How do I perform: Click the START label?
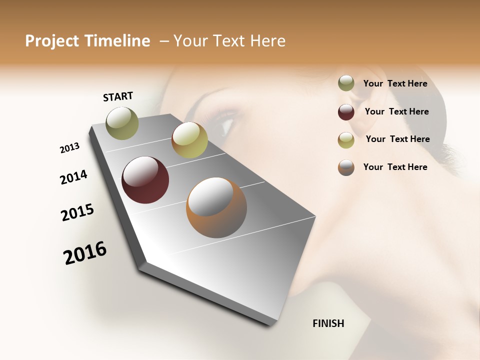click(118, 96)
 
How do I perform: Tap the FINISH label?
click(328, 323)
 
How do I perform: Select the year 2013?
click(70, 147)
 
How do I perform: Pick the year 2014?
click(73, 177)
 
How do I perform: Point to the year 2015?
click(77, 212)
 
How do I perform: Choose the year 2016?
click(85, 252)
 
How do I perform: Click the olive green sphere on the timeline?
click(122, 123)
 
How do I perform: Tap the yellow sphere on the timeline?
click(189, 139)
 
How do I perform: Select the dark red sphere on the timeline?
click(145, 180)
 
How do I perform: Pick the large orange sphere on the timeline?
click(216, 207)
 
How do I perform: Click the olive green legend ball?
click(346, 83)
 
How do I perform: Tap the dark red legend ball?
click(346, 112)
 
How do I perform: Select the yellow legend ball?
click(346, 140)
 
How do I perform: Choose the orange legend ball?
click(346, 167)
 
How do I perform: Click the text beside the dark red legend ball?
click(396, 111)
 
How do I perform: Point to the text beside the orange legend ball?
click(395, 167)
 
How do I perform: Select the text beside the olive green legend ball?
click(395, 83)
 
